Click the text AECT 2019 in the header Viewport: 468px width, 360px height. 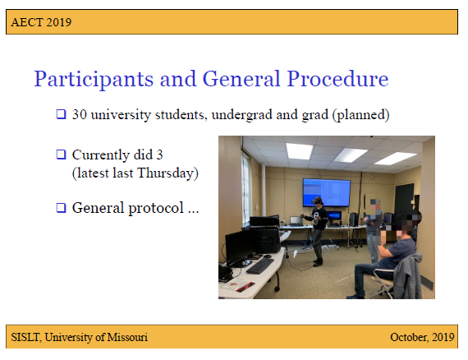[x=41, y=21]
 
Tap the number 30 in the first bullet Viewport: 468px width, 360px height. [x=80, y=114]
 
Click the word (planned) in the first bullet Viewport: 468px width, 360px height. [x=360, y=114]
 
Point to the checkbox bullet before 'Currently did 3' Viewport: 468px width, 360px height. [x=60, y=155]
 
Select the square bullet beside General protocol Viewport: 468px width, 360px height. [x=60, y=208]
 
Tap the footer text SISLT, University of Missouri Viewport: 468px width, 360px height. [x=80, y=337]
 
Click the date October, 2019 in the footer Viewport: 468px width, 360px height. [x=422, y=337]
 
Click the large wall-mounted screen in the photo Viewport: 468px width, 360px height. [x=326, y=192]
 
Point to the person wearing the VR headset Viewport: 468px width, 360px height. [x=316, y=230]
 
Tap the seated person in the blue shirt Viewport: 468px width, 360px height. [x=392, y=255]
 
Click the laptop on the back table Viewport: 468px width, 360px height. [x=296, y=220]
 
